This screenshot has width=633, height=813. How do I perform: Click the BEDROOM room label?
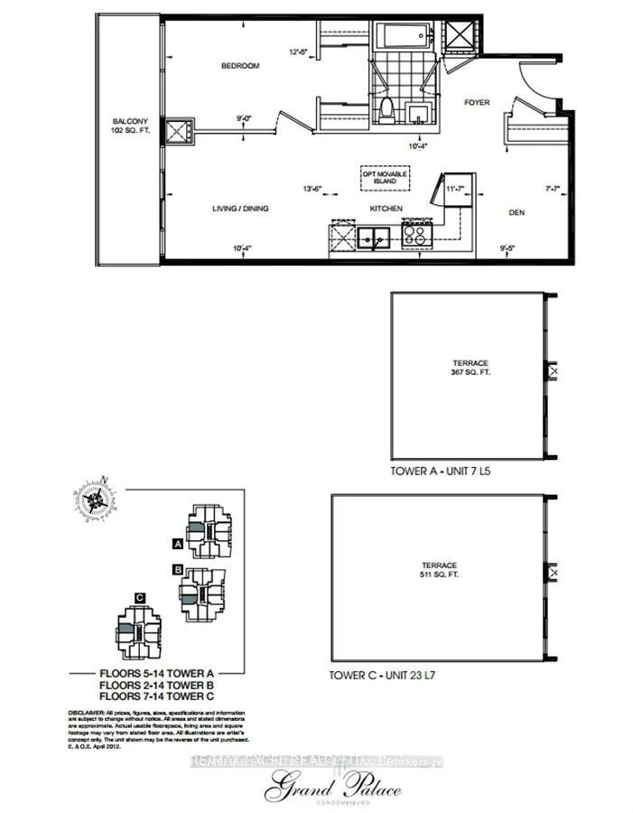pyautogui.click(x=241, y=66)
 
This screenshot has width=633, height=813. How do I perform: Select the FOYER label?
pyautogui.click(x=476, y=103)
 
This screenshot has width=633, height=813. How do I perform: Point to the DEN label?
pyautogui.click(x=516, y=213)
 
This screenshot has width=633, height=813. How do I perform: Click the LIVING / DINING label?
pyautogui.click(x=240, y=209)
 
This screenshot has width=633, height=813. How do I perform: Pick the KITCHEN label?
pyautogui.click(x=386, y=209)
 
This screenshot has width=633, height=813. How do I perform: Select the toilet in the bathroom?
pyautogui.click(x=385, y=112)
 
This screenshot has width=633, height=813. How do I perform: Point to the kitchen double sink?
pyautogui.click(x=373, y=238)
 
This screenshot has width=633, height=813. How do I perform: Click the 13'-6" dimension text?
pyautogui.click(x=312, y=188)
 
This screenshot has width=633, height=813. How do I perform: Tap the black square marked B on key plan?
pyautogui.click(x=179, y=569)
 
